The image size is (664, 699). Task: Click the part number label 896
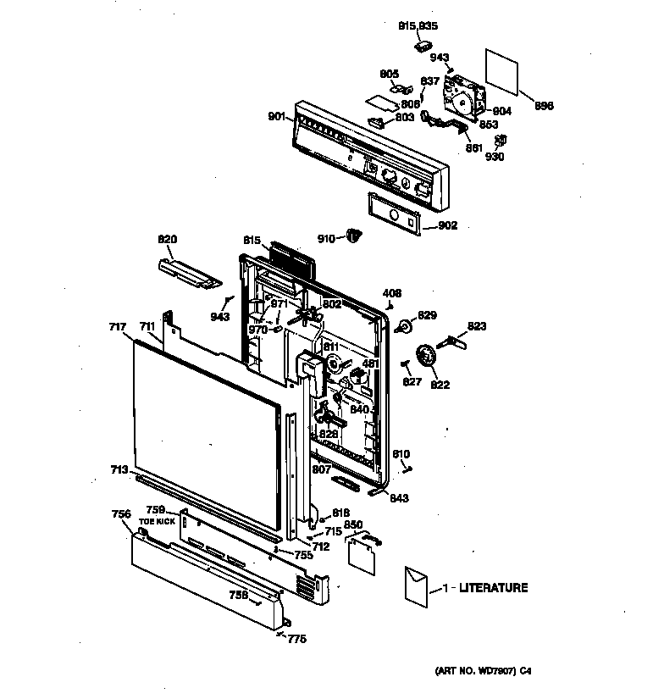point(544,106)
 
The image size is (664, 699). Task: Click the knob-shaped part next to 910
point(354,236)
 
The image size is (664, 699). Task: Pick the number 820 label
point(168,239)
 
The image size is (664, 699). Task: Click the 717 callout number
point(117,326)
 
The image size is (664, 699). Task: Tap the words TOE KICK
point(158,522)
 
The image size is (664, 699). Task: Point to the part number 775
point(296,640)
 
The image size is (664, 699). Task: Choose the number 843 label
point(398,498)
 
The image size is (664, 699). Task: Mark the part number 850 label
point(353,525)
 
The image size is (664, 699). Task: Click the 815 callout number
point(251,241)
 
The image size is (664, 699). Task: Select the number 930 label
point(495,158)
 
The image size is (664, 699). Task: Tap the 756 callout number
point(121,513)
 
